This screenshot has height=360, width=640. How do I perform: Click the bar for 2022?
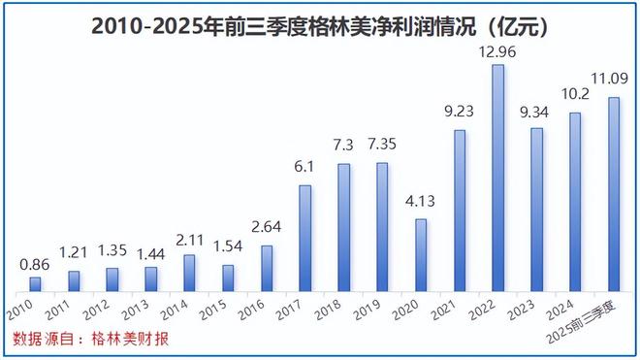(498, 179)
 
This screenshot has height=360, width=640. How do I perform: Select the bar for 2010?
(35, 284)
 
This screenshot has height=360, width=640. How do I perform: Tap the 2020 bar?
(421, 255)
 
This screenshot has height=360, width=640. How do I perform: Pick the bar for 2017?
(305, 238)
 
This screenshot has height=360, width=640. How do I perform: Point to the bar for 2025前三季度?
(614, 194)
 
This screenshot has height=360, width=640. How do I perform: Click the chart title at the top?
(320, 23)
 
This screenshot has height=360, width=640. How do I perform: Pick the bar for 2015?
(228, 278)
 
